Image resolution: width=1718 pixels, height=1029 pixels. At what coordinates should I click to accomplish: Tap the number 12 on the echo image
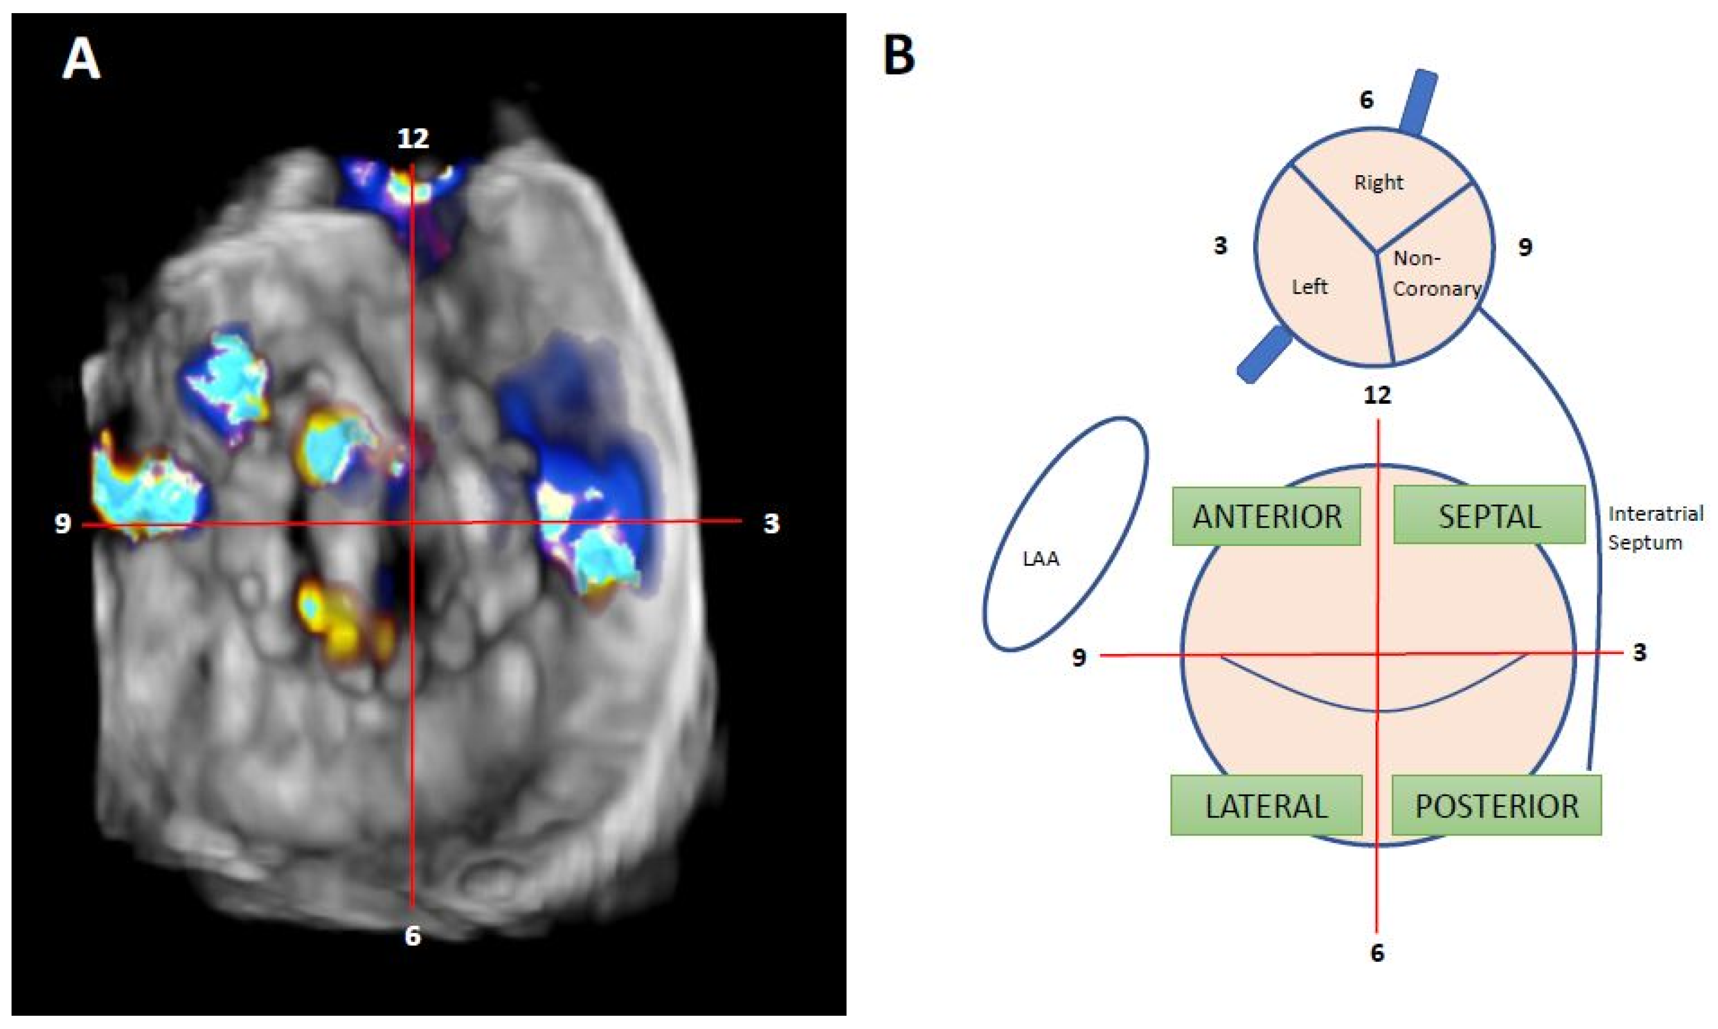tap(413, 138)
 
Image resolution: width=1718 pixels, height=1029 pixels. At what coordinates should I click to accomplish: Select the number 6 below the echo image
tap(413, 936)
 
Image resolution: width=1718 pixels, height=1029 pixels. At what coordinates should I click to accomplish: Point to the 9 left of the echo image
tap(63, 523)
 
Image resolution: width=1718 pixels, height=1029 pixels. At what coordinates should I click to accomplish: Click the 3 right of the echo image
tap(771, 523)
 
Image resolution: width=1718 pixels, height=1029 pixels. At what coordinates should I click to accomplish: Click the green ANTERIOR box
tap(1266, 517)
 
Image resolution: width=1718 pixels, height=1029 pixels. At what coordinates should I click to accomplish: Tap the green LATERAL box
tap(1266, 806)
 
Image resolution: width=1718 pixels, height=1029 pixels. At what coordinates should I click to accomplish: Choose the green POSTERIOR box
tap(1496, 806)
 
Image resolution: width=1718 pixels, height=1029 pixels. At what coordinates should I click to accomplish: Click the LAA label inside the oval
tap(1040, 559)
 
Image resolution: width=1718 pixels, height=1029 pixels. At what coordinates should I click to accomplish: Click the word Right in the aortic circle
tap(1378, 183)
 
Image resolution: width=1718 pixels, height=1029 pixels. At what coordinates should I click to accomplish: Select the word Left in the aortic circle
tap(1309, 286)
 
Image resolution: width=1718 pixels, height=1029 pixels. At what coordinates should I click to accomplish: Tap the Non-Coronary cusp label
tap(1435, 273)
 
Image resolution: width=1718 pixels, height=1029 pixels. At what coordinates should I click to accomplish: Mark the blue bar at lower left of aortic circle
tap(1264, 355)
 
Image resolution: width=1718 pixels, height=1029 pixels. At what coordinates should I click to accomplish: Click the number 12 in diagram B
tap(1377, 395)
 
